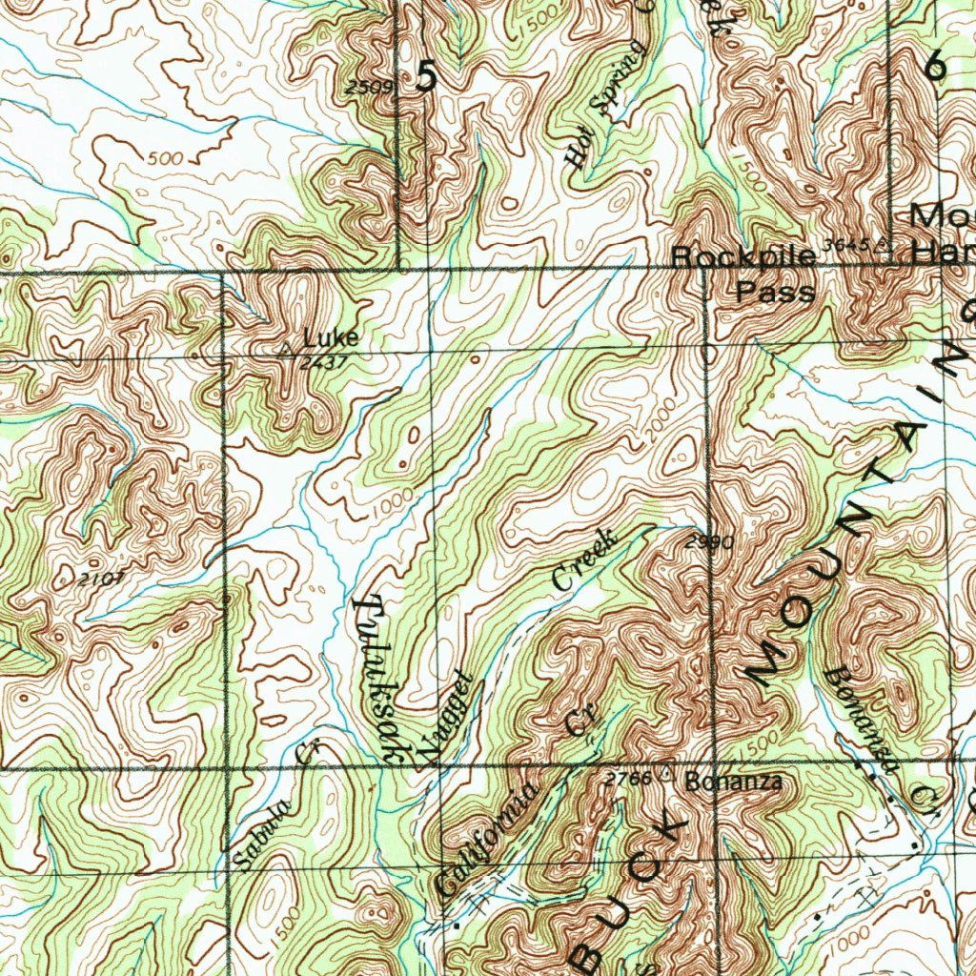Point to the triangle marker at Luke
tap(285, 350)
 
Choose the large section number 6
tap(935, 65)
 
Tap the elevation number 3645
tap(845, 246)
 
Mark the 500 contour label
tap(166, 158)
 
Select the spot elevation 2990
tap(709, 543)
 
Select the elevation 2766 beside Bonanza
tap(628, 779)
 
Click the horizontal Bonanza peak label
tap(733, 783)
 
